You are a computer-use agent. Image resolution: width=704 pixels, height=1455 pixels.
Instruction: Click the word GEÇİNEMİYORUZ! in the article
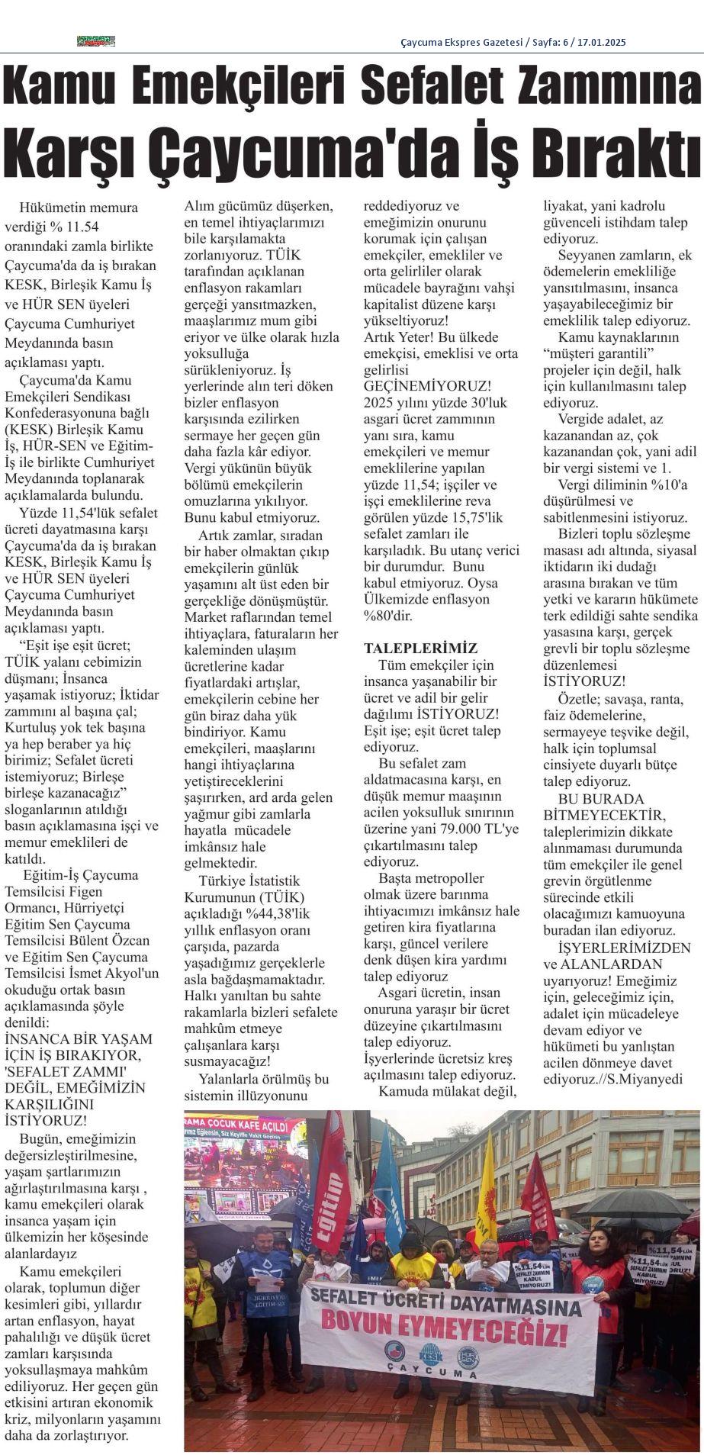[427, 387]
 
